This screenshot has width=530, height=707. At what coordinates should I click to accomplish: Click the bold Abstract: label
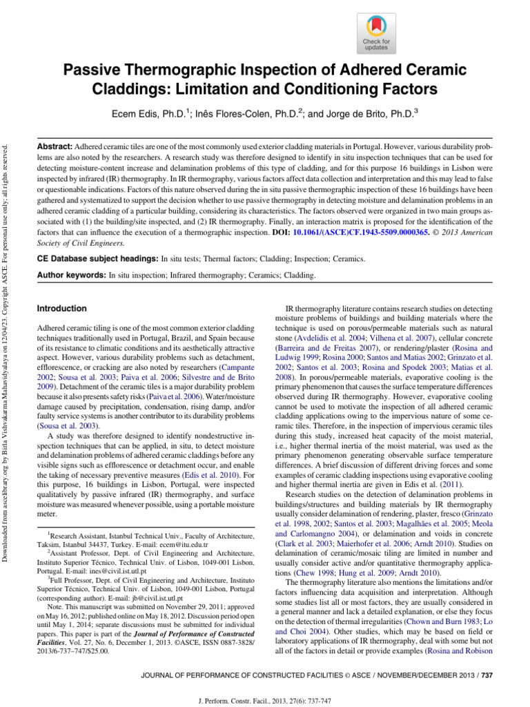tap(54, 148)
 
